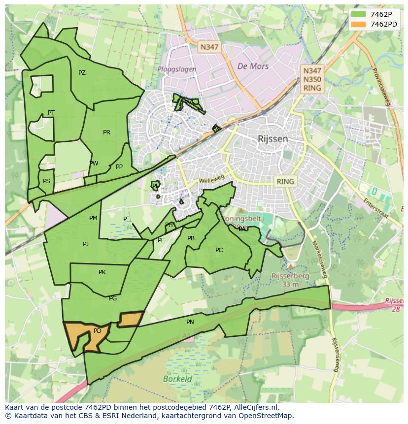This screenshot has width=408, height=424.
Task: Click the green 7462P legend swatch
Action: [358, 14]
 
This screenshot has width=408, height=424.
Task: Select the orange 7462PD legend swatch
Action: [358, 24]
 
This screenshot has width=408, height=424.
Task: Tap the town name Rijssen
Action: [272, 139]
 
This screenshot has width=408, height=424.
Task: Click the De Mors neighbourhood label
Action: [253, 66]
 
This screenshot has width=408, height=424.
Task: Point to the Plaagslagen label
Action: [177, 69]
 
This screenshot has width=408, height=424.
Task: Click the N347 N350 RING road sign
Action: [312, 79]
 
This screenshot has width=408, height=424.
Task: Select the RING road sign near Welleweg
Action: [285, 181]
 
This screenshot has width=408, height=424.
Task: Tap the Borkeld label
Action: [177, 379]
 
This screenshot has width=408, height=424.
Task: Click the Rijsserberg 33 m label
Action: [290, 280]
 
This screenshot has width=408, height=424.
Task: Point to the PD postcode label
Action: [98, 331]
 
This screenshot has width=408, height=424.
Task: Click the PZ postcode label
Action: [82, 73]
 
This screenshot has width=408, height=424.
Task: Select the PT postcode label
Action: [51, 113]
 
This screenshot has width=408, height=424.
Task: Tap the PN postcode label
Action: [190, 322]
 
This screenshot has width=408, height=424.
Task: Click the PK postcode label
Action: [102, 272]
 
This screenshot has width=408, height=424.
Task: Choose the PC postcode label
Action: [219, 250]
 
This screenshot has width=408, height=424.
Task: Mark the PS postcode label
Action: [46, 181]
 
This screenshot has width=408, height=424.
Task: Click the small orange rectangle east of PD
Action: [131, 319]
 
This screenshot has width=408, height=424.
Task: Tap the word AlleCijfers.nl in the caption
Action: [255, 407]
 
